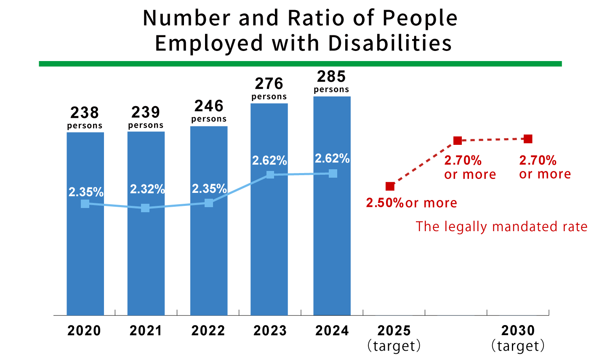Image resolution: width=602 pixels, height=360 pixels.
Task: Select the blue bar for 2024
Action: pyautogui.click(x=332, y=253)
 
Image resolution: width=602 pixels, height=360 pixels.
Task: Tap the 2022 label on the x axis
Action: pyautogui.click(x=208, y=331)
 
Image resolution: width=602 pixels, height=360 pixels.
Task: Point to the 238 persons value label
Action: pyautogui.click(x=85, y=117)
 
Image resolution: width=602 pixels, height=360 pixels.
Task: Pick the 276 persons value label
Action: pyautogui.click(x=269, y=88)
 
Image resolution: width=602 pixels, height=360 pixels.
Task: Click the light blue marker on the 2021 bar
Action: pyautogui.click(x=145, y=208)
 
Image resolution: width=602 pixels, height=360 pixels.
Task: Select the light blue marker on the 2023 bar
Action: pyautogui.click(x=270, y=174)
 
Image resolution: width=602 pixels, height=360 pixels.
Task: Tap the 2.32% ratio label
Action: pyautogui.click(x=147, y=189)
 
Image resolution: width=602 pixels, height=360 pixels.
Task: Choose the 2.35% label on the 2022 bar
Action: pyautogui.click(x=209, y=189)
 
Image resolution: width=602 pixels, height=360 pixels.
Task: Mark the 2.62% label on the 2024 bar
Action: pyautogui.click(x=332, y=159)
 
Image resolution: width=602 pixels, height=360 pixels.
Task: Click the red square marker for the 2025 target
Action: pyautogui.click(x=390, y=186)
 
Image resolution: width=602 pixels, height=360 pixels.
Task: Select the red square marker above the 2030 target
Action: pyautogui.click(x=528, y=139)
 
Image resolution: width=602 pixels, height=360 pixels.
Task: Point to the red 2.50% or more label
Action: pyautogui.click(x=411, y=203)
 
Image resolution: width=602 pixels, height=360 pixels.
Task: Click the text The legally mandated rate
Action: pyautogui.click(x=501, y=227)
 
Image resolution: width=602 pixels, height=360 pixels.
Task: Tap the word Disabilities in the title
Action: pyautogui.click(x=390, y=43)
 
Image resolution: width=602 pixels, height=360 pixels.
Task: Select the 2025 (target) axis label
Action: pyautogui.click(x=394, y=338)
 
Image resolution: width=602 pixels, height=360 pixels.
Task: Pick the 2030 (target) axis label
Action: pyautogui.click(x=518, y=338)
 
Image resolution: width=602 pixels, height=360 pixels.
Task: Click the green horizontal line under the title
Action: pyautogui.click(x=300, y=64)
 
